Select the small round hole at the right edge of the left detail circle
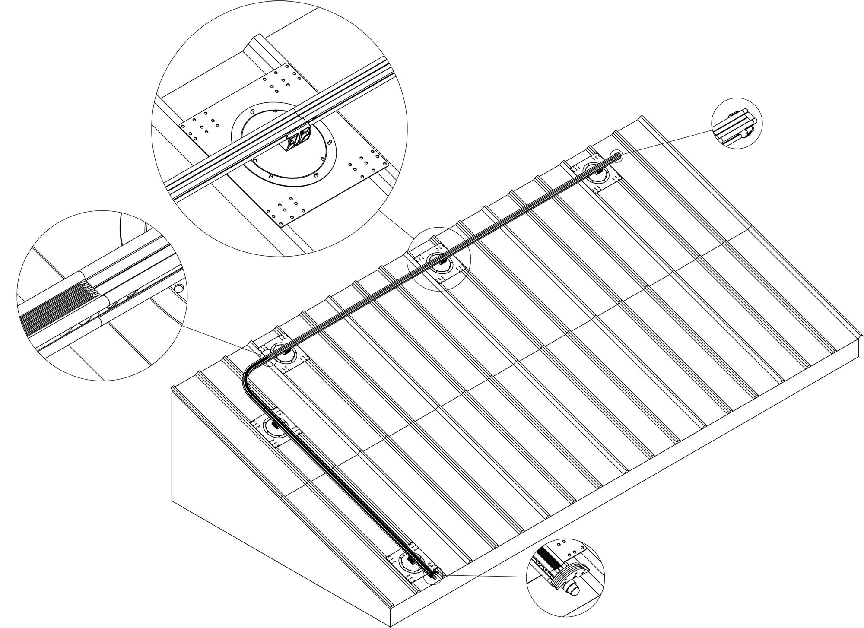click(178, 288)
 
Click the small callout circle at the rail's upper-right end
click(616, 156)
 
